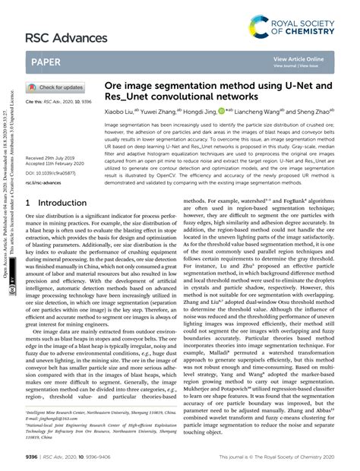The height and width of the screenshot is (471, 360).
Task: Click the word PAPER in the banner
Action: pos(48,65)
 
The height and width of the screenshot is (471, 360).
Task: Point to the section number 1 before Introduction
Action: pos(29,204)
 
